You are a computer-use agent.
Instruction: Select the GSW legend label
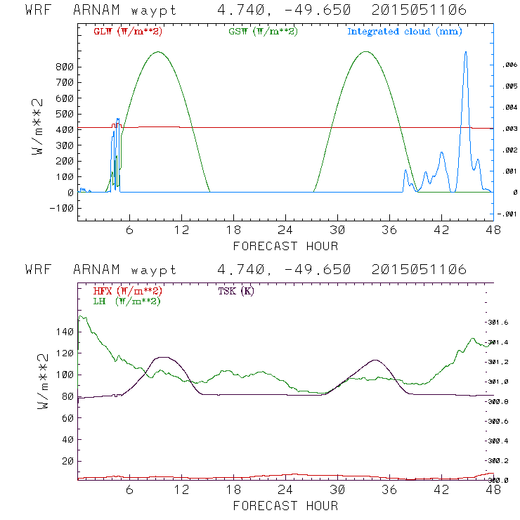(261, 32)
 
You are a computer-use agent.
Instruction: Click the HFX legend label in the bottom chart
(126, 291)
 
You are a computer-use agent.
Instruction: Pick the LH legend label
(126, 301)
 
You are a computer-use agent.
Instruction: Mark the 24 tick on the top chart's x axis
(285, 230)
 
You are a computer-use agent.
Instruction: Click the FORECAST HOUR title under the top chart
(285, 246)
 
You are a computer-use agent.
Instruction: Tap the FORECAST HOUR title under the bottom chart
(285, 506)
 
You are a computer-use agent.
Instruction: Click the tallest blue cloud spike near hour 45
(465, 53)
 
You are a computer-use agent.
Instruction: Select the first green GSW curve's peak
(159, 52)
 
